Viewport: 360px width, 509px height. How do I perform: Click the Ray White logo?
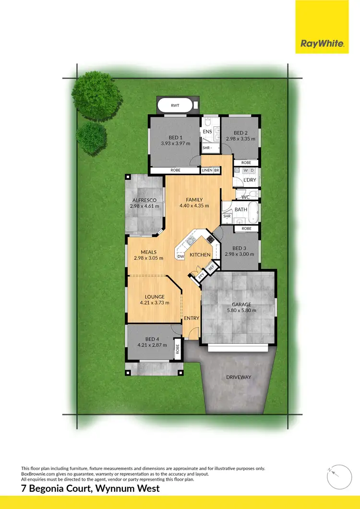pyautogui.click(x=322, y=44)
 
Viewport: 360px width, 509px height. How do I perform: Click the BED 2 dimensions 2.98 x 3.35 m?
pyautogui.click(x=240, y=139)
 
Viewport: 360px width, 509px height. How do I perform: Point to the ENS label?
pyautogui.click(x=207, y=131)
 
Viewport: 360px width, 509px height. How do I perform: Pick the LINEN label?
pyautogui.click(x=207, y=170)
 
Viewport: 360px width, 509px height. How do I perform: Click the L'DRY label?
pyautogui.click(x=250, y=180)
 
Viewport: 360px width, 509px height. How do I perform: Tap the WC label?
pyautogui.click(x=245, y=197)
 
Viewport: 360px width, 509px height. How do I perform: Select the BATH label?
pyautogui.click(x=240, y=209)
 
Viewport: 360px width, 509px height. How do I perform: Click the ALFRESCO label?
pyautogui.click(x=144, y=200)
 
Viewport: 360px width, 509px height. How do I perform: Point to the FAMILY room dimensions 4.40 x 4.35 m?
pyautogui.click(x=191, y=206)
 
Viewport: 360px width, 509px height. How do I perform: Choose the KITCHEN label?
pyautogui.click(x=200, y=254)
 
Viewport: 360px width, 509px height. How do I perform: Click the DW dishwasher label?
pyautogui.click(x=181, y=257)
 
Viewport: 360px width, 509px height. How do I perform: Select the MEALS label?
pyautogui.click(x=149, y=252)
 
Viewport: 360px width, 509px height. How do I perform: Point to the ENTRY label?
pyautogui.click(x=191, y=318)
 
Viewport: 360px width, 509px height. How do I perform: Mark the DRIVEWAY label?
pyautogui.click(x=239, y=377)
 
